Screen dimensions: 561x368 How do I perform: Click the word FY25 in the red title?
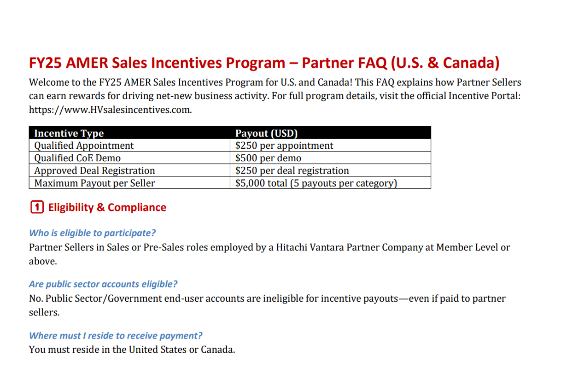(45, 63)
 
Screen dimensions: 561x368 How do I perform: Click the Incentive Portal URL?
(110, 110)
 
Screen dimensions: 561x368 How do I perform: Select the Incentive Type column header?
(69, 133)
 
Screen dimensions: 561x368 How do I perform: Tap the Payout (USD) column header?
(266, 133)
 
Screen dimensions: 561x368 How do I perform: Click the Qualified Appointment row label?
(84, 146)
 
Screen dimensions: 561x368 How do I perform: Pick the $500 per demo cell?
(268, 158)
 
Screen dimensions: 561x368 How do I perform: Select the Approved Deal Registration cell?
(94, 170)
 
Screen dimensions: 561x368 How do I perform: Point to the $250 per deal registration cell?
(292, 170)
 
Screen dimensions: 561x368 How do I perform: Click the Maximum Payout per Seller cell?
(94, 183)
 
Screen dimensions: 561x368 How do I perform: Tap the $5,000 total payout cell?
(316, 183)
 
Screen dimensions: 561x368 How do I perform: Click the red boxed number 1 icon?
(37, 207)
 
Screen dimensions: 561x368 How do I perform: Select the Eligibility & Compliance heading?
(107, 207)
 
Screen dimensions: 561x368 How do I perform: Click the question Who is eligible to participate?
(92, 233)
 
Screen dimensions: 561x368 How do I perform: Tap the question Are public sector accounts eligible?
(103, 284)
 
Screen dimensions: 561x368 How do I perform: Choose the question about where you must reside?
(116, 336)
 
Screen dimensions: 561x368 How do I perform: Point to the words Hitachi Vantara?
(310, 247)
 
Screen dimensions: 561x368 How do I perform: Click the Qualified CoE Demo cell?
(77, 158)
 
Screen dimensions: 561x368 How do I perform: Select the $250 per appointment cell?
(284, 146)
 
